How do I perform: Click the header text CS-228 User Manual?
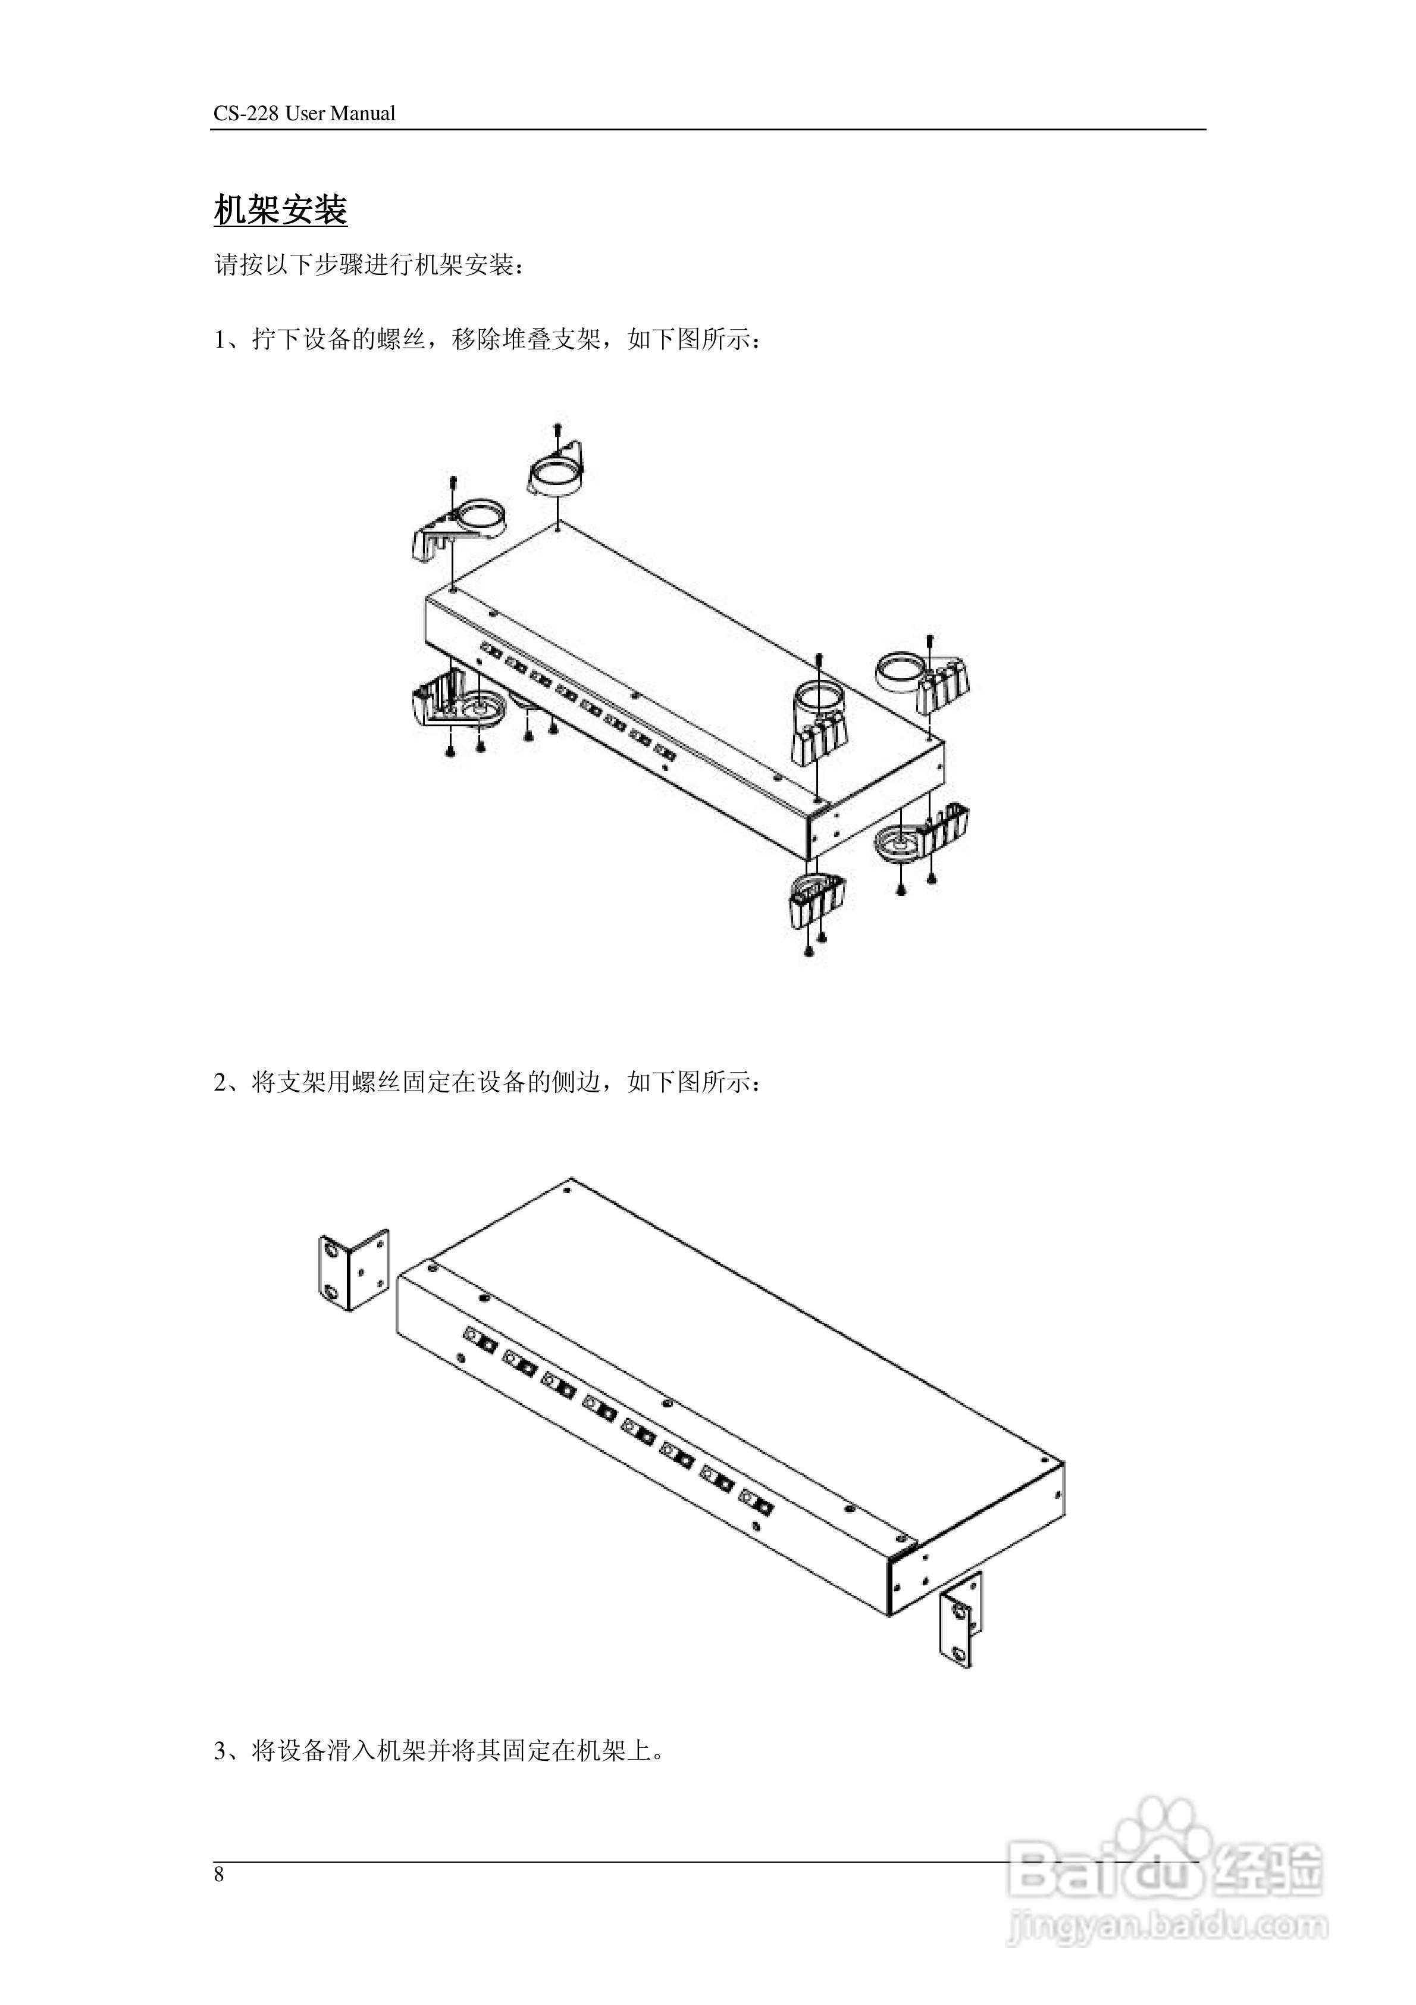(x=304, y=114)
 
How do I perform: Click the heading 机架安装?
(x=280, y=211)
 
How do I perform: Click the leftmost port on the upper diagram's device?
(x=491, y=651)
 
